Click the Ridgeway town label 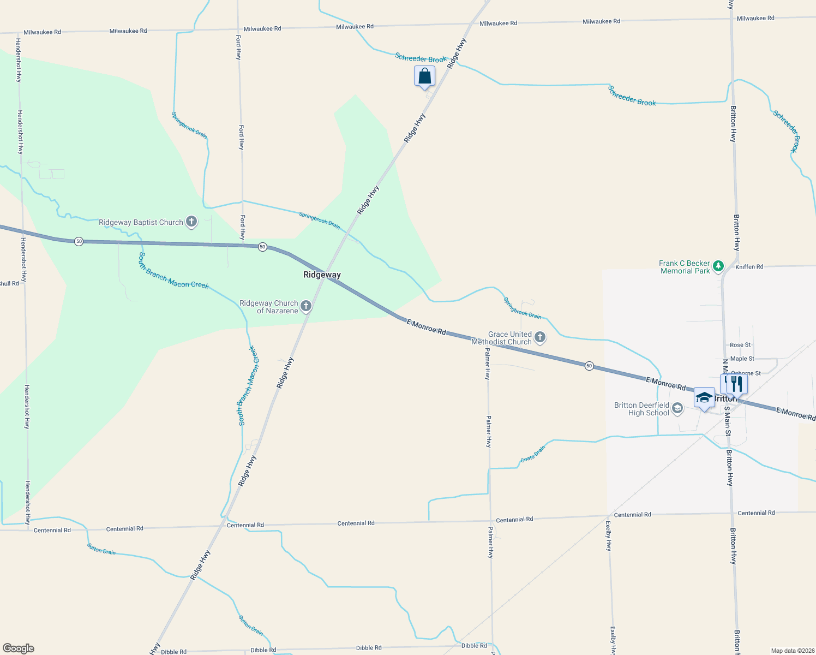322,275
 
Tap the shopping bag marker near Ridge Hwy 424,77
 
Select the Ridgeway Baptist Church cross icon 191,222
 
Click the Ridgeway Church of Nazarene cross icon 306,306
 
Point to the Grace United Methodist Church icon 540,337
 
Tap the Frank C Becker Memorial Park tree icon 718,266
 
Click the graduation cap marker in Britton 704,398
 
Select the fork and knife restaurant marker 737,384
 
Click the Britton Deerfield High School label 641,409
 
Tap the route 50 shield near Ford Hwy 262,247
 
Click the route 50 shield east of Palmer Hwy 589,366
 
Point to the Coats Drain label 533,454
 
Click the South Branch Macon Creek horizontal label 173,270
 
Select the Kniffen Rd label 749,267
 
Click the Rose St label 740,345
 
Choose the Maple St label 742,359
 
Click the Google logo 18,648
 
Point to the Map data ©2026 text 791,651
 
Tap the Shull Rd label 9,283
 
